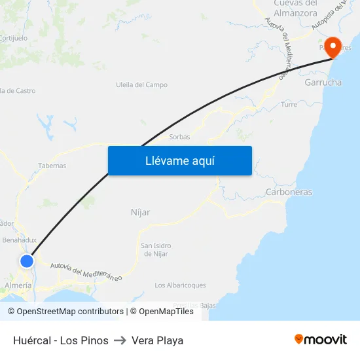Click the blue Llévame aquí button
coord(179,160)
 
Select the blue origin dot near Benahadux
coord(27,261)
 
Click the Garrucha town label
coord(323,82)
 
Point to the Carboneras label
coord(289,192)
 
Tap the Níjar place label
coord(141,212)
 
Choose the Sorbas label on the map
coord(179,137)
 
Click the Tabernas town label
coord(52,166)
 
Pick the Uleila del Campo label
coord(141,85)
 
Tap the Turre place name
coord(289,104)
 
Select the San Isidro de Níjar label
coord(156,249)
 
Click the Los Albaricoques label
coord(180,285)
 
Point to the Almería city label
coord(18,285)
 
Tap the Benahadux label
coord(20,240)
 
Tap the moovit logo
coord(320,339)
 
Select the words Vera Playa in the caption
coord(157,340)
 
